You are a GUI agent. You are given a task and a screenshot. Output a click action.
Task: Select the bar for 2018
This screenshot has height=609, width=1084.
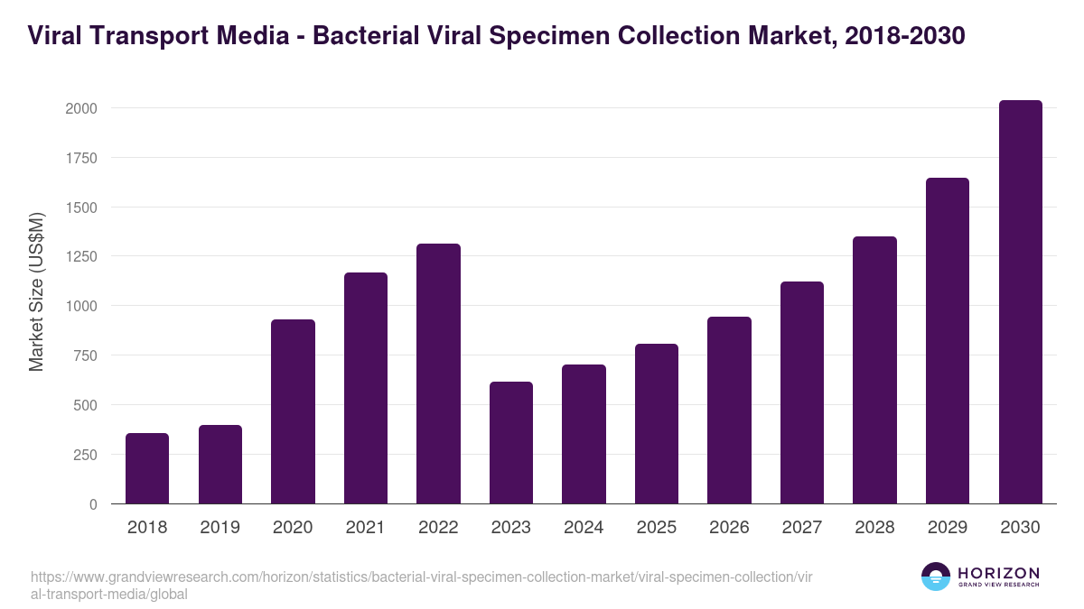[x=147, y=468]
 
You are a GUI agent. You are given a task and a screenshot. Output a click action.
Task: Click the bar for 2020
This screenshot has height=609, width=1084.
[x=293, y=411]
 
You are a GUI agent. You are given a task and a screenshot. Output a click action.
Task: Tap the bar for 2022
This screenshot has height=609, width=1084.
[x=438, y=374]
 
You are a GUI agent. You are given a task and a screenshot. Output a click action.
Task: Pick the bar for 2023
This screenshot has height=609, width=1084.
[x=511, y=443]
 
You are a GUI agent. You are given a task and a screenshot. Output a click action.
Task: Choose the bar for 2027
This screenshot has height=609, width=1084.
[x=802, y=392]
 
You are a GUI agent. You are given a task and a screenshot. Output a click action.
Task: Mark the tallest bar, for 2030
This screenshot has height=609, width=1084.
[x=1020, y=302]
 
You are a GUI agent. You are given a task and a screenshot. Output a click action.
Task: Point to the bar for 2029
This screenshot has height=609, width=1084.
[x=948, y=341]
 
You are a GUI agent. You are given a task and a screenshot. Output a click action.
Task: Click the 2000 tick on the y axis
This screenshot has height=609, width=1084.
[x=80, y=108]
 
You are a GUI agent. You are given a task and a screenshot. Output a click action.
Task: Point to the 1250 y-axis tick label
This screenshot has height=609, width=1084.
[x=80, y=257]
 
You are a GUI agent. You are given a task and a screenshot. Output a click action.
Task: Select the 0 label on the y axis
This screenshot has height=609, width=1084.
[x=92, y=504]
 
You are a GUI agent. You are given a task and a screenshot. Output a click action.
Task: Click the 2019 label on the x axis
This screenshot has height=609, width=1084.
[x=220, y=528]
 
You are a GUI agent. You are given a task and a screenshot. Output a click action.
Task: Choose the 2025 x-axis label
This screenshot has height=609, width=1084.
[x=657, y=528]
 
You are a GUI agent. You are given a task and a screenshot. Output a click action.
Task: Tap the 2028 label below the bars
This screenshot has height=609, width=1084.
[x=874, y=528]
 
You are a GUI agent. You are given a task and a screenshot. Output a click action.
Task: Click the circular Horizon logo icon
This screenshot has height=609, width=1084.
[x=935, y=577]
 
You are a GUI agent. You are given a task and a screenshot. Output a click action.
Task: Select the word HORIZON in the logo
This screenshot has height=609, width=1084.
[x=998, y=572]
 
